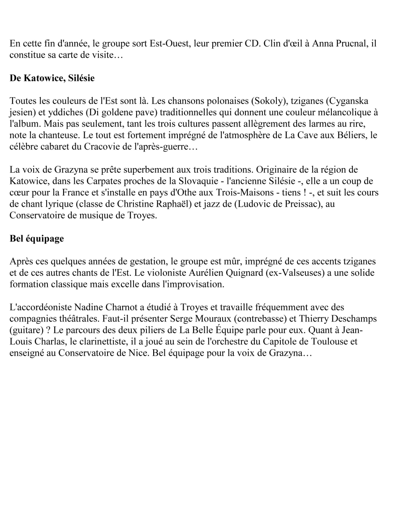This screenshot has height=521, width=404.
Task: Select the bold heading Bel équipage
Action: pyautogui.click(x=37, y=239)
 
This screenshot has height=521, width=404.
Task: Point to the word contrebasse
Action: pyautogui.click(x=261, y=316)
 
